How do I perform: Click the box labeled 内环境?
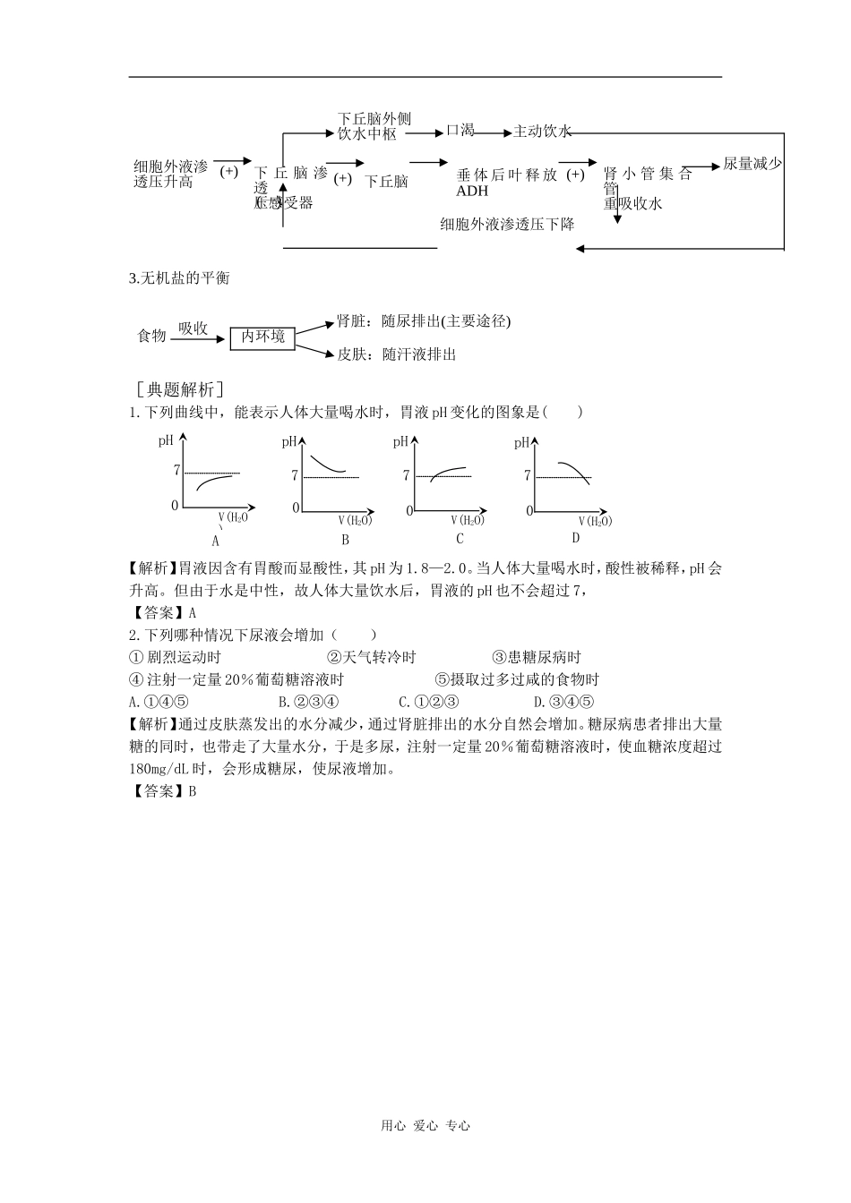pos(262,337)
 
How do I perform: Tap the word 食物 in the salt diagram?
pos(151,336)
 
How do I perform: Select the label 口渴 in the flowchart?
pos(460,131)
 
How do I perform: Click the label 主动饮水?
pos(542,132)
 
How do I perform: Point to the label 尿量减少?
pos(752,164)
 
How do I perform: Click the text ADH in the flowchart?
pos(472,191)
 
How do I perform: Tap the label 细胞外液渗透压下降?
pos(507,225)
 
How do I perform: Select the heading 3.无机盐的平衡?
pos(180,278)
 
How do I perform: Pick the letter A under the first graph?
pos(216,540)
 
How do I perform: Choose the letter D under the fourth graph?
pos(575,538)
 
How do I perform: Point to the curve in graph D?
pos(573,471)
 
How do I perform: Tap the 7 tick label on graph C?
pos(407,476)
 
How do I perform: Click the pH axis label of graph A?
pos(167,440)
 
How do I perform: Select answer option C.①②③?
pos(429,703)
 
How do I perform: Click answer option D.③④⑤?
pos(563,703)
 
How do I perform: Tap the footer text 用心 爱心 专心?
pos(425,1126)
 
